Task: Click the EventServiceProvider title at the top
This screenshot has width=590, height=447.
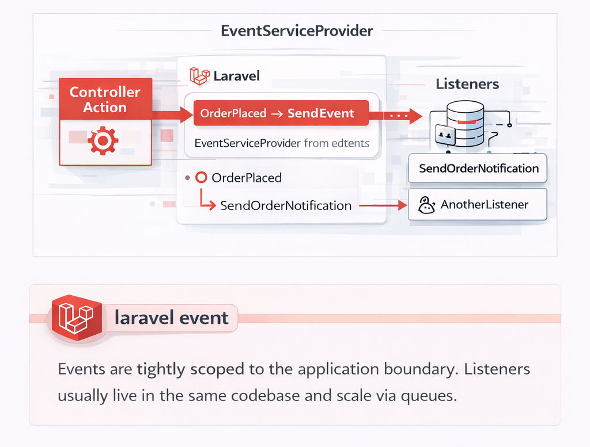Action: pyautogui.click(x=297, y=31)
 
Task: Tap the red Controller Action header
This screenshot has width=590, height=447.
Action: pyautogui.click(x=105, y=99)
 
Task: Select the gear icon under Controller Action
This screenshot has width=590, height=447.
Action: pyautogui.click(x=103, y=141)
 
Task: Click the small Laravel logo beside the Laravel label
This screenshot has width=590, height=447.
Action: pyautogui.click(x=199, y=76)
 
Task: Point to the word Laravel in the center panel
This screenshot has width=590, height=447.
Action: pyautogui.click(x=236, y=77)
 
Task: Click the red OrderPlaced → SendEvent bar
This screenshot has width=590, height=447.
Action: pyautogui.click(x=281, y=113)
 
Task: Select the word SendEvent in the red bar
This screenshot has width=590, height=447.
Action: pyautogui.click(x=320, y=113)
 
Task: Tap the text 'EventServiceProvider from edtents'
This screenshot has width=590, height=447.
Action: pyautogui.click(x=282, y=143)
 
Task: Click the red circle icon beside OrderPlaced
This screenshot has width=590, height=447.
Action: pyautogui.click(x=201, y=177)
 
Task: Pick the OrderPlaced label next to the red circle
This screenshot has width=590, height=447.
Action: pyautogui.click(x=247, y=178)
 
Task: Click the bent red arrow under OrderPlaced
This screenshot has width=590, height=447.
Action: pyautogui.click(x=207, y=200)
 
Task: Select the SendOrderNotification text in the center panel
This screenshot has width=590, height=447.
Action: pyautogui.click(x=286, y=205)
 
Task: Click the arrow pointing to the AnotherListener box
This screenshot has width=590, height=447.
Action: pyautogui.click(x=383, y=205)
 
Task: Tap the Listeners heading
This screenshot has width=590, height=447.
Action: pyautogui.click(x=467, y=84)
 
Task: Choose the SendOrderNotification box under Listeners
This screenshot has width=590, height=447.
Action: pyautogui.click(x=478, y=169)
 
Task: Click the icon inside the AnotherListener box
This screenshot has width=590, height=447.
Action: pyautogui.click(x=426, y=205)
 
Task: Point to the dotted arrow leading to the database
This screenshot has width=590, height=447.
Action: pyautogui.click(x=403, y=116)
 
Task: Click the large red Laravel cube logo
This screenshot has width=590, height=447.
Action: pyautogui.click(x=77, y=318)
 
